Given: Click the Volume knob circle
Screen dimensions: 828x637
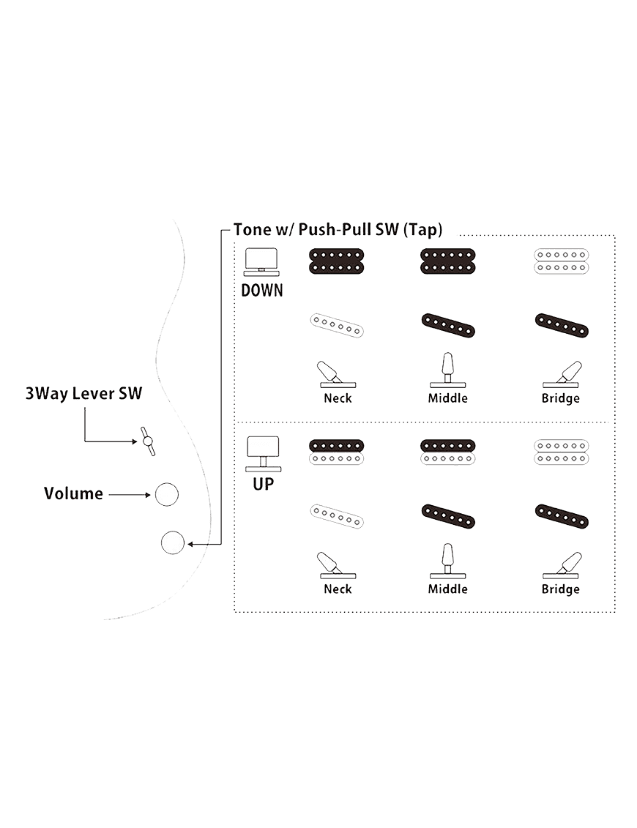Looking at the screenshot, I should tap(166, 495).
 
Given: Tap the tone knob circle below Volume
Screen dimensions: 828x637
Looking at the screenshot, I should tap(172, 543).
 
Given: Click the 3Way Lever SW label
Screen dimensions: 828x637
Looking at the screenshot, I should tap(83, 393).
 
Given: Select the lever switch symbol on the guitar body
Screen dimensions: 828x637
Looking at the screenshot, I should tap(148, 441).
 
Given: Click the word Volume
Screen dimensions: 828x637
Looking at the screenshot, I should tap(73, 493).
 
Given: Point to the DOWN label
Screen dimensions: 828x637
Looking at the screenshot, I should tap(262, 291).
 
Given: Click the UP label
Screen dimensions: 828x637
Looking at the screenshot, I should tap(262, 484).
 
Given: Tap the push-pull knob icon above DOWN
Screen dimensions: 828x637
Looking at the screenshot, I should tap(261, 261).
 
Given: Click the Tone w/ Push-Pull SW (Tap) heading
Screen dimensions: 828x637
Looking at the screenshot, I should tap(338, 229).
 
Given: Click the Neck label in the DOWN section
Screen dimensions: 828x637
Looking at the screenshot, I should tap(338, 398).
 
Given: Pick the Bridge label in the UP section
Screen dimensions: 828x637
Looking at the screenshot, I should tap(561, 589).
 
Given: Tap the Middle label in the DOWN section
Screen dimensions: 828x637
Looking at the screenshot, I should tap(447, 398).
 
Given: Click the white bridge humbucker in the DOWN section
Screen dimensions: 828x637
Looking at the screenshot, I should tap(562, 261).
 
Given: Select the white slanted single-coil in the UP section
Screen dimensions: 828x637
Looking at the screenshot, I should tap(337, 516).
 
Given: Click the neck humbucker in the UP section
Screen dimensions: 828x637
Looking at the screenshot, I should tap(337, 452).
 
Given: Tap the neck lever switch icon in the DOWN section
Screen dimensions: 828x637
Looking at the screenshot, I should tap(336, 373).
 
